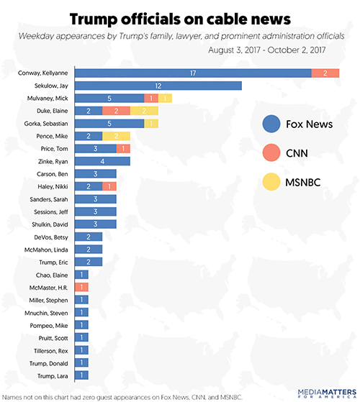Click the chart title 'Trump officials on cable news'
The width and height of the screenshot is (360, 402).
180,19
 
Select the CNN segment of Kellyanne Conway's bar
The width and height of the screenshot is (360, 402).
325,73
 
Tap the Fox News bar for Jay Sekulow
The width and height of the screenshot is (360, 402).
158,86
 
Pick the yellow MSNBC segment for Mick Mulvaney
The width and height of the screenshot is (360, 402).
165,99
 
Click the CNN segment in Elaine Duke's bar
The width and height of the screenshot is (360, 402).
116,111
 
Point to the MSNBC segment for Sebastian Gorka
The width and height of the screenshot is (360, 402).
151,124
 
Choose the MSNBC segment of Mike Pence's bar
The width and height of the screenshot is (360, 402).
116,136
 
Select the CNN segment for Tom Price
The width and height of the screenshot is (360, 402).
123,149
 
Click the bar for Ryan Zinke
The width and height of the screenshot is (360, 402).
102,161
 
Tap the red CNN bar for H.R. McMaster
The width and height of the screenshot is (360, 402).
81,287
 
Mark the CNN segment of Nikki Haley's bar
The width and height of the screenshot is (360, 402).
109,186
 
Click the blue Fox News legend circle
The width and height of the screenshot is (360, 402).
271,124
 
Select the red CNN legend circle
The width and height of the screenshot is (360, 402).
271,152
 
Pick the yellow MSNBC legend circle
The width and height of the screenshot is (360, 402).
271,182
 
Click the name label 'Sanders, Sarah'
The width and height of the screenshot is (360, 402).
49,199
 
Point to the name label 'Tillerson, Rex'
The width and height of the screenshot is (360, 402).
51,350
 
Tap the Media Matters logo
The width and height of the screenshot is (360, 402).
327,393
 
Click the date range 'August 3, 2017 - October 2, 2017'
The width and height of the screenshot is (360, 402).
267,50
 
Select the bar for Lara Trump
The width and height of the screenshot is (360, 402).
81,375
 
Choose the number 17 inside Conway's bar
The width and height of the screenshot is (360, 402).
193,73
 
